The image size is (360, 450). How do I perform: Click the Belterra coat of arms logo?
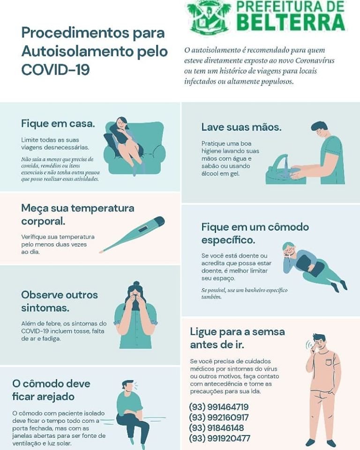pos(209,16)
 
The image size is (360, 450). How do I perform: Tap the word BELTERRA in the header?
pos(292,22)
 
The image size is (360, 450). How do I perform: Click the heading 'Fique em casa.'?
pos(58,124)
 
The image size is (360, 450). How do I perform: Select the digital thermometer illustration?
pos(132,234)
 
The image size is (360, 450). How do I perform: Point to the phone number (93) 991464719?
pos(219,407)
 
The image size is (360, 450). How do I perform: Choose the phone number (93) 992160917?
pos(219,417)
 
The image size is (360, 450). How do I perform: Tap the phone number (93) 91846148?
pos(216,427)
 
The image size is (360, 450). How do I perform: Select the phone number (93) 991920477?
pos(220,438)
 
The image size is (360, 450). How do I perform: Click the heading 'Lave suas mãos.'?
pos(241,127)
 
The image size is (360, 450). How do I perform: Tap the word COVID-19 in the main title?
pos(55,70)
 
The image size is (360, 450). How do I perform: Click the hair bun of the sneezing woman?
pos(136,284)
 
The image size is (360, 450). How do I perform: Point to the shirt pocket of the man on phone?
pos(329,362)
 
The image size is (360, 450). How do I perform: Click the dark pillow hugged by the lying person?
pos(310,266)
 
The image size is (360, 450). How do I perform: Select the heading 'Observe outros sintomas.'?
pos(60,301)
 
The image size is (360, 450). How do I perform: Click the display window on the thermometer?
pos(143,229)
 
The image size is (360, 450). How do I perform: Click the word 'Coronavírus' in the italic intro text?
pos(315,60)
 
